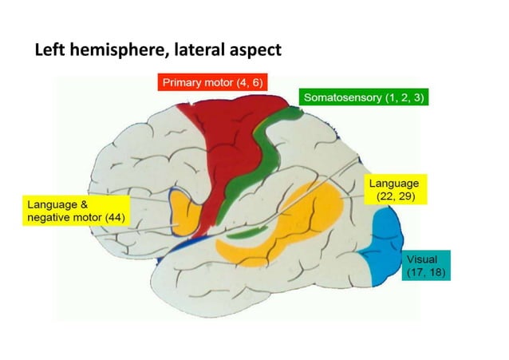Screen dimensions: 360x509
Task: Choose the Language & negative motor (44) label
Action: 72,212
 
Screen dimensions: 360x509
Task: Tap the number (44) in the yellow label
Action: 107,218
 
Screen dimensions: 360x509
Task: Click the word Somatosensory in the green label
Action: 341,97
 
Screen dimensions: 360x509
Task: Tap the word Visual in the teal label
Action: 421,260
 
